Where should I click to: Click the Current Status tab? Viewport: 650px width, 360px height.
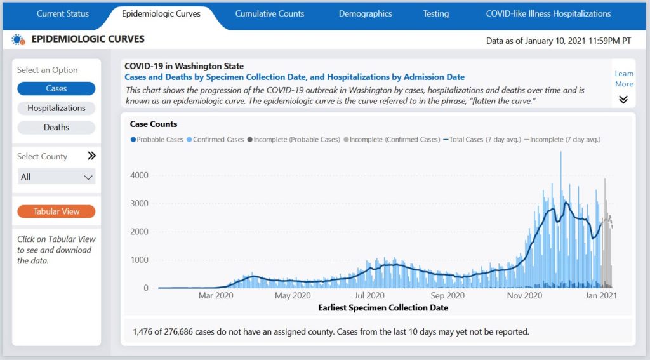coord(63,13)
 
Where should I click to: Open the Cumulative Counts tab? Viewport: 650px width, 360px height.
coord(269,13)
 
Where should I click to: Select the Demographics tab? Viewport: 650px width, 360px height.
coord(365,13)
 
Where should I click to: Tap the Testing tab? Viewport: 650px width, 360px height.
coord(435,13)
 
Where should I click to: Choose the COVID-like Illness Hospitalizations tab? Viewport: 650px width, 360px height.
coord(548,13)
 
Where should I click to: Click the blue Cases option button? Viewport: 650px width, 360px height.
coord(56,89)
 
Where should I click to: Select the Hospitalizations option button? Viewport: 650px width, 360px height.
coord(56,108)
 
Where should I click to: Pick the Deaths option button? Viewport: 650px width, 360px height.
coord(56,127)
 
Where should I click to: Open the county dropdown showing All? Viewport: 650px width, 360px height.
coord(56,177)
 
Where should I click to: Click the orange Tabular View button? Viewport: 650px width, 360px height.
coord(56,211)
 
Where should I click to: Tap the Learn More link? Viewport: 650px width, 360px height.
coord(623,79)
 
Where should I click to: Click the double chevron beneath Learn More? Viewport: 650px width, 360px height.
coord(623,100)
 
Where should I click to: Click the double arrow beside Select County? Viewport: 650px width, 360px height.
coord(91,156)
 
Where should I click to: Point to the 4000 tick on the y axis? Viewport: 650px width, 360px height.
coord(139,175)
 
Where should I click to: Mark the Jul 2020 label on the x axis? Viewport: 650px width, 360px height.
coord(369,295)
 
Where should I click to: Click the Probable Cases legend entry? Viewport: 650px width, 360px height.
coord(159,139)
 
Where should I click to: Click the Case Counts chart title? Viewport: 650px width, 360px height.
coord(154,124)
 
